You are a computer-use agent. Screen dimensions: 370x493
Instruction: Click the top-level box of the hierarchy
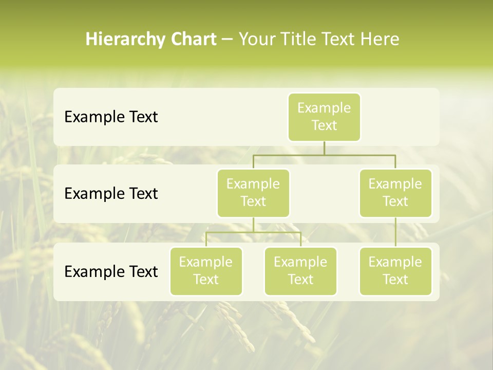coord(324,117)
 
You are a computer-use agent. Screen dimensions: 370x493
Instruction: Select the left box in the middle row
coord(253,193)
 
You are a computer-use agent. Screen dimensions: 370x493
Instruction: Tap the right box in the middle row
coord(395,193)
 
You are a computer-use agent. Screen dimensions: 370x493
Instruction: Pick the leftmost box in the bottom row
coord(206,271)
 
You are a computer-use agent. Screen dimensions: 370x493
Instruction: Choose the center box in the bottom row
coord(300,271)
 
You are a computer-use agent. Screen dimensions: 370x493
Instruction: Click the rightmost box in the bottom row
coord(395,271)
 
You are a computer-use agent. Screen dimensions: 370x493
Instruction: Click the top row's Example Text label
coord(111,117)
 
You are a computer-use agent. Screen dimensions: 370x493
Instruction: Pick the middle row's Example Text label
coord(111,194)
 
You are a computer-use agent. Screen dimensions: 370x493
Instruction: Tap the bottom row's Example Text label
coord(111,271)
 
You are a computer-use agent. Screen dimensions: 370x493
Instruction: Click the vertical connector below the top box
coord(324,148)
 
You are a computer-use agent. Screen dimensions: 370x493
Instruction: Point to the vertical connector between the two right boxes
coord(395,232)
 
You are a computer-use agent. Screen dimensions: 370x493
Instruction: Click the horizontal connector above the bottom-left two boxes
coord(253,232)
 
